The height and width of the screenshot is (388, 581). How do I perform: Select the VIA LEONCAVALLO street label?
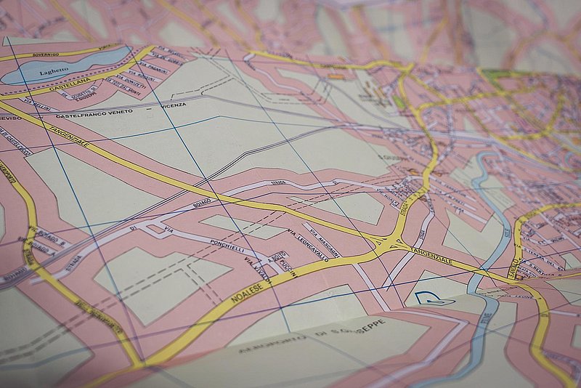tap(308, 246)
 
